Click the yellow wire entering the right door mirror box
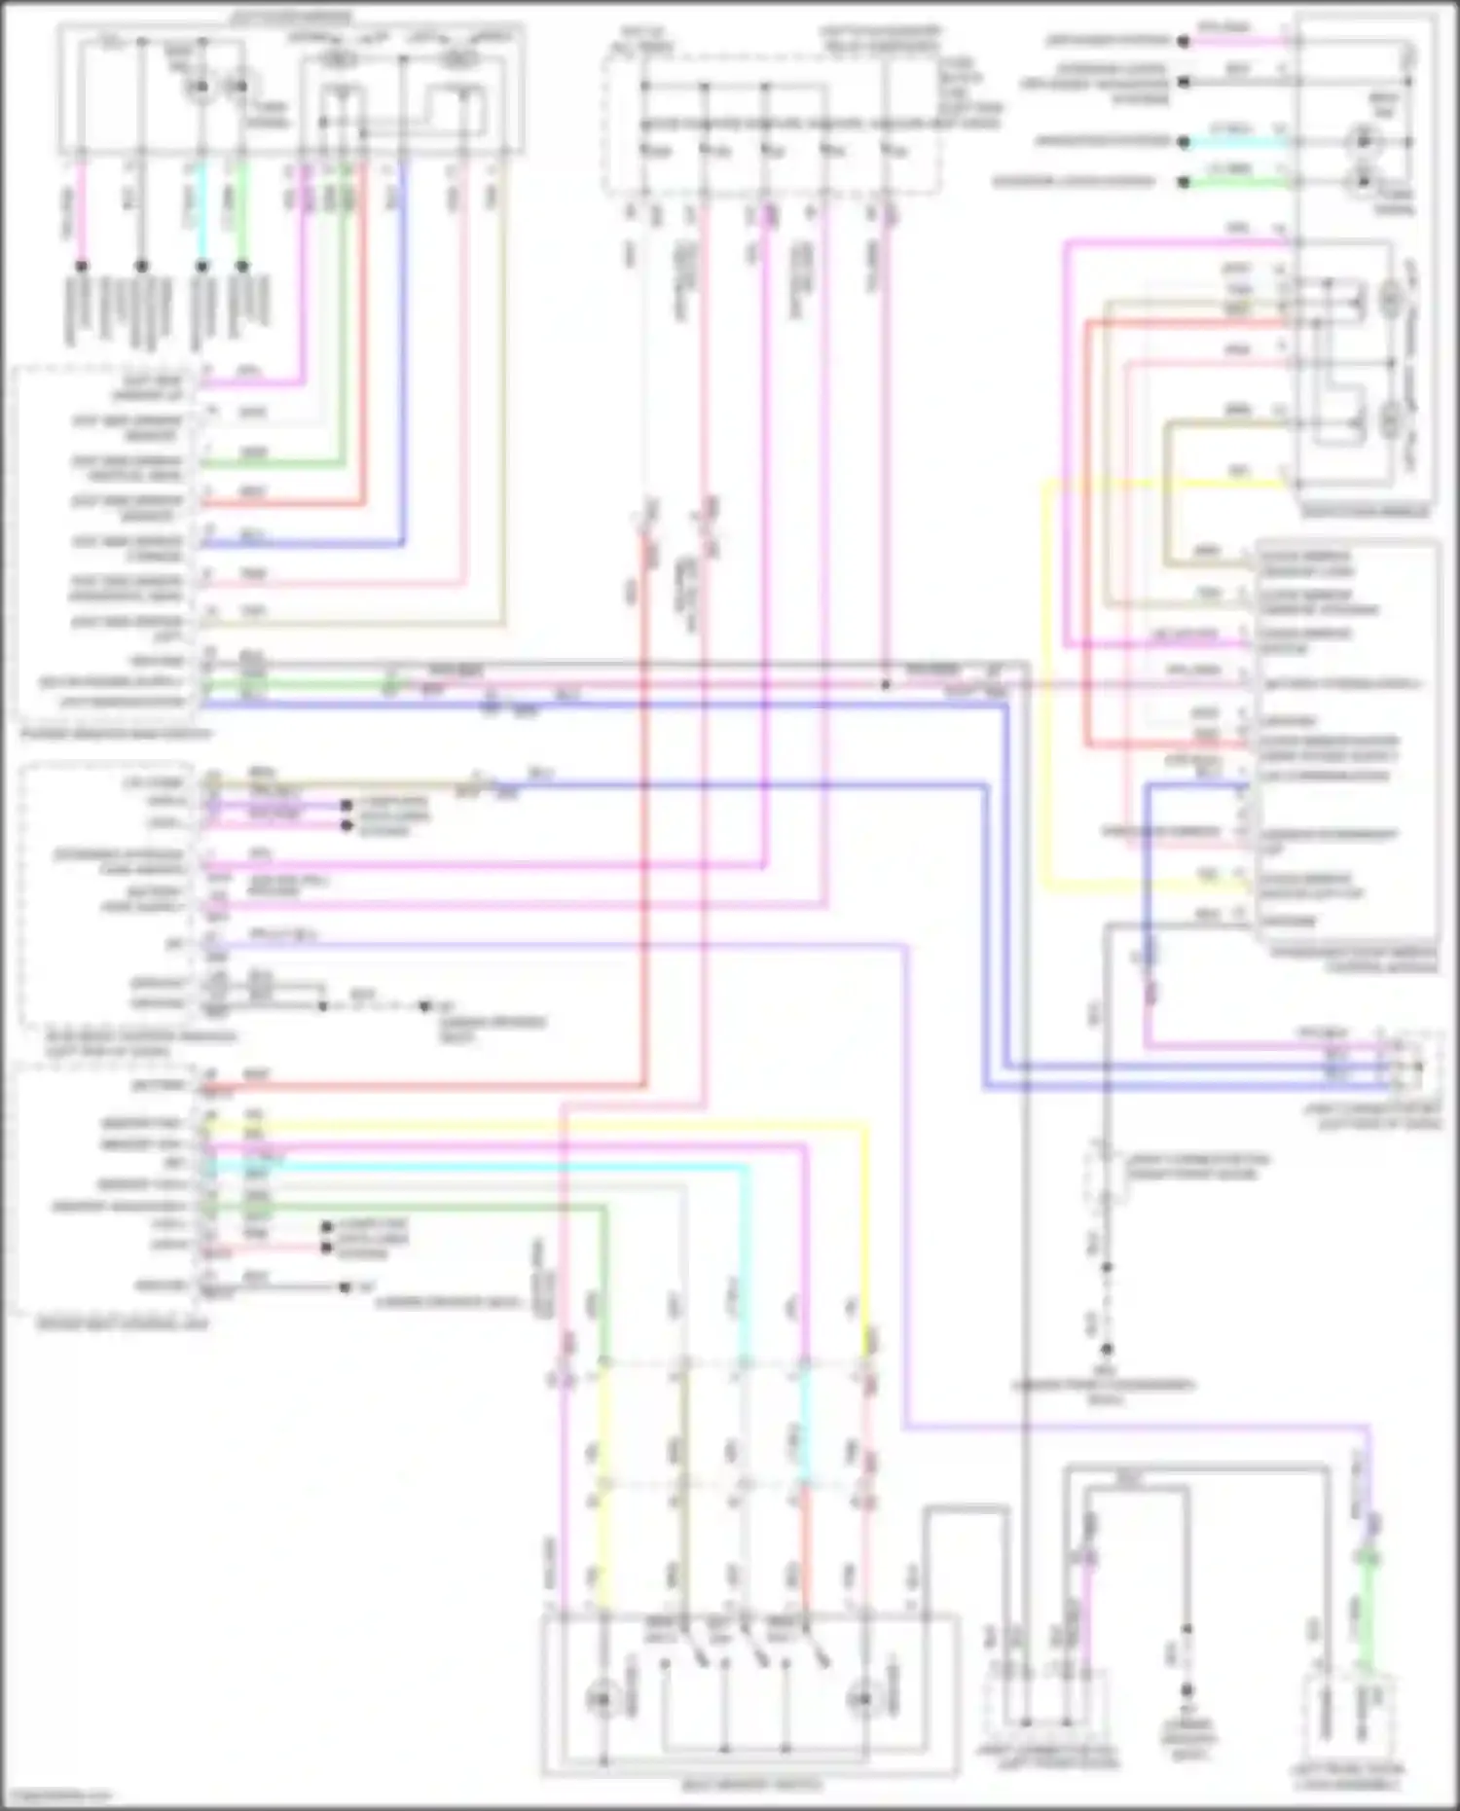(1168, 484)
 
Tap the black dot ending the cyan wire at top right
(1184, 141)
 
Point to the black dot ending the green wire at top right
(1184, 182)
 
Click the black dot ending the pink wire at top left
(82, 265)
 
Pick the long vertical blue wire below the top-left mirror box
(403, 350)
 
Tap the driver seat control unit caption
(122, 1323)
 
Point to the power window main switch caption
(117, 733)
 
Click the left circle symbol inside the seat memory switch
(601, 1697)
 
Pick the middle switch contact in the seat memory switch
(749, 1653)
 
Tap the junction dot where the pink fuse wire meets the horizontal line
(885, 685)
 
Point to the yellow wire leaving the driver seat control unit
(535, 1127)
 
